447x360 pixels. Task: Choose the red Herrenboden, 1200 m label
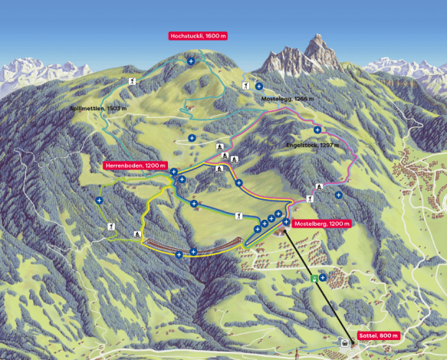coord(135,165)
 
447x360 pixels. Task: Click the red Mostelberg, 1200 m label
coord(322,224)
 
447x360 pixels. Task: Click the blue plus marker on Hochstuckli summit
coord(190,61)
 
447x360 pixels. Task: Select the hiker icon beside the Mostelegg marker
coord(245,85)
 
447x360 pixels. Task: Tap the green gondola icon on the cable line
coord(313,278)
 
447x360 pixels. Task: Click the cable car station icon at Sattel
coord(346,342)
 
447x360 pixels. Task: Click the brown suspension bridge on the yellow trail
coord(173,244)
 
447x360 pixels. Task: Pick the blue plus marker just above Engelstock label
coord(317,130)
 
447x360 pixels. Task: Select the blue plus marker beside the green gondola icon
coord(323,277)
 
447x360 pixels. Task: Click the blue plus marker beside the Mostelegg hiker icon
coord(259,86)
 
